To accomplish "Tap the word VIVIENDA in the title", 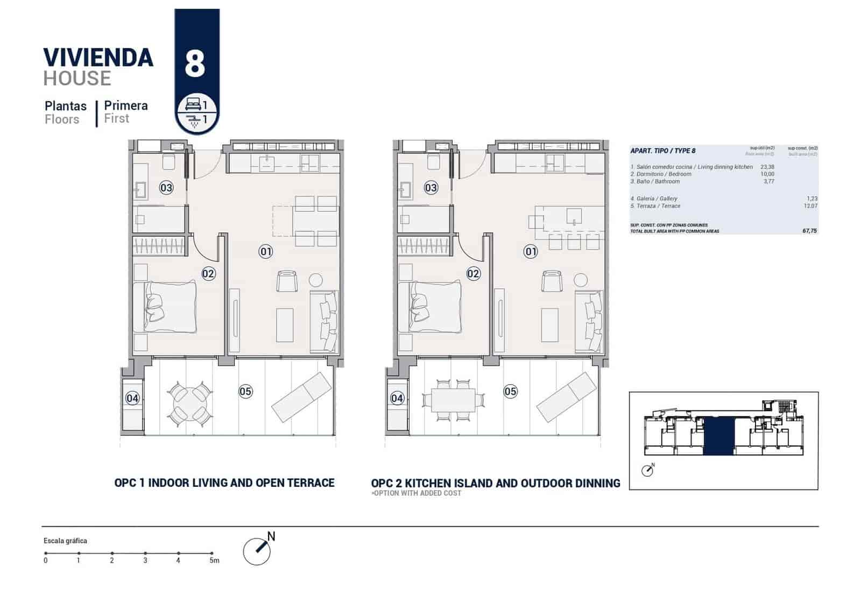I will pyautogui.click(x=98, y=58).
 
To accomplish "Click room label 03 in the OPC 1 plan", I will pyautogui.click(x=166, y=188).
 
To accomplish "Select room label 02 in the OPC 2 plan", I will pyautogui.click(x=473, y=274).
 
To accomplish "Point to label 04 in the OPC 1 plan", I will pyautogui.click(x=132, y=398).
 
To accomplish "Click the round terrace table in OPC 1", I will pyautogui.click(x=189, y=401).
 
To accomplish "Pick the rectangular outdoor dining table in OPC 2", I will pyautogui.click(x=453, y=401).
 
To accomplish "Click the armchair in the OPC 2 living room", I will pyautogui.click(x=551, y=281).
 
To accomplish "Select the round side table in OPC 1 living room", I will pyautogui.click(x=315, y=280).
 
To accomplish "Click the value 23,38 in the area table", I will pyautogui.click(x=767, y=167).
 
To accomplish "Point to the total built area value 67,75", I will pyautogui.click(x=809, y=231).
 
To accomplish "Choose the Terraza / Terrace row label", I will pyautogui.click(x=655, y=206).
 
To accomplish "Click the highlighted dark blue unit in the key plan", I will pyautogui.click(x=719, y=436).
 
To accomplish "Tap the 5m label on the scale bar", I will pyautogui.click(x=214, y=561).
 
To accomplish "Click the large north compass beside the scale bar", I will pyautogui.click(x=257, y=550).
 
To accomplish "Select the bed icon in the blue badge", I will pyautogui.click(x=193, y=103).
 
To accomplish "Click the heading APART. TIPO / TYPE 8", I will pyautogui.click(x=663, y=151).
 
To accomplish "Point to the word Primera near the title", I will pyautogui.click(x=126, y=105).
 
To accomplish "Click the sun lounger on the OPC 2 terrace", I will pyautogui.click(x=567, y=396).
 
